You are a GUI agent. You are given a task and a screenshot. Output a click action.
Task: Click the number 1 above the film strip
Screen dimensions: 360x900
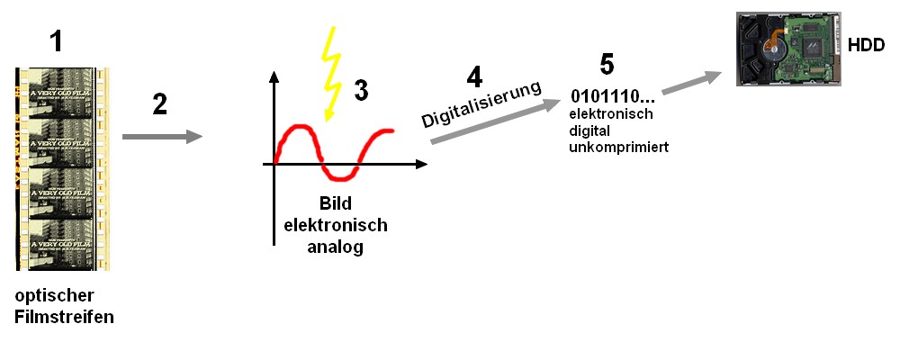(x=57, y=40)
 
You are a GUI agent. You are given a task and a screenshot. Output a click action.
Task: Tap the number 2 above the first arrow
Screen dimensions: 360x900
(x=159, y=104)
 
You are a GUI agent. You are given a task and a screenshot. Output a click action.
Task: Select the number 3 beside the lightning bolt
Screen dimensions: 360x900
(x=361, y=90)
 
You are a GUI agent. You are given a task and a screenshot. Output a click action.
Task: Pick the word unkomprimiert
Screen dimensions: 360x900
(x=611, y=147)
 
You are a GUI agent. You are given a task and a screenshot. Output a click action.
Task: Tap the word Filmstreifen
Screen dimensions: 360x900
(x=64, y=316)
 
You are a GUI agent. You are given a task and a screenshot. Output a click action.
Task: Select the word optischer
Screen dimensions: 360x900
(x=54, y=295)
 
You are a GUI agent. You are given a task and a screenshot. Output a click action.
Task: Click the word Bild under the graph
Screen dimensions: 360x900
(x=335, y=204)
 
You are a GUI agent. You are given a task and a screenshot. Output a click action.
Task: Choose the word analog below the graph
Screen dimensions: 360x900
(x=335, y=246)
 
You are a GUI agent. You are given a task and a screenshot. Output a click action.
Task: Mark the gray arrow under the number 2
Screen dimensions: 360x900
(x=161, y=137)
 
